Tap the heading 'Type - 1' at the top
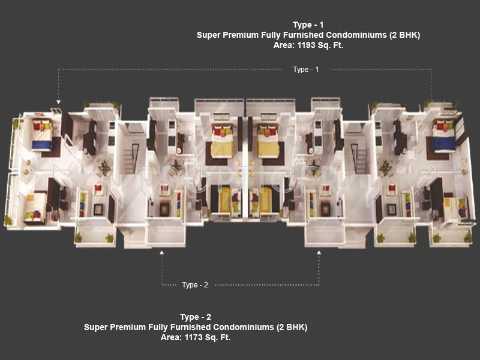click(308, 25)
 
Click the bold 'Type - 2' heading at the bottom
click(196, 317)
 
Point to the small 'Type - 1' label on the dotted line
click(306, 70)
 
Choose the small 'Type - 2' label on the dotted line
click(195, 284)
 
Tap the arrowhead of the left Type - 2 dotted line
click(161, 253)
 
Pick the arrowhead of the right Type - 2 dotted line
click(319, 253)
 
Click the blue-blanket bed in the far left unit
click(41, 138)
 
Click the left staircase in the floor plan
click(131, 157)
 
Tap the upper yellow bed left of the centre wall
click(222, 144)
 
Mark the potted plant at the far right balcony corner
click(467, 238)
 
